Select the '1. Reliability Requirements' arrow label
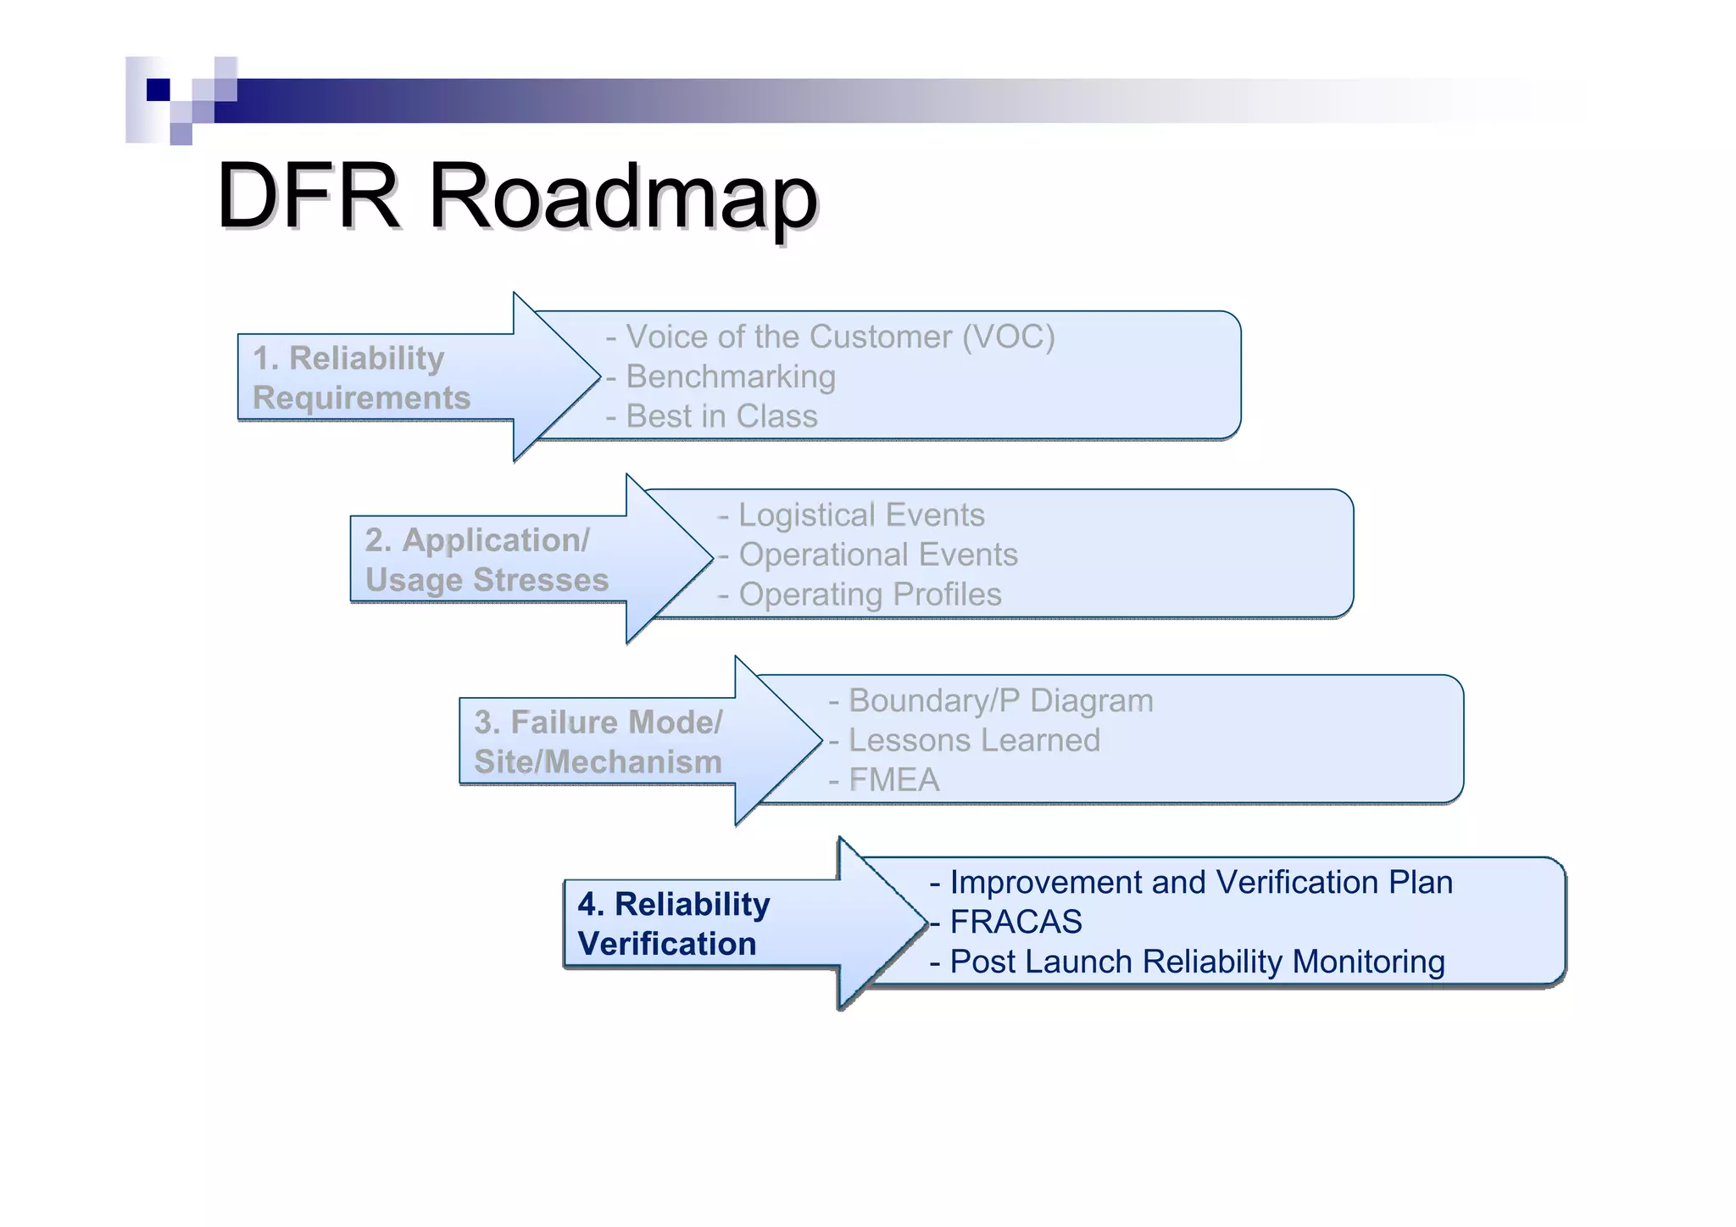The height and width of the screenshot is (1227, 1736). [x=362, y=378]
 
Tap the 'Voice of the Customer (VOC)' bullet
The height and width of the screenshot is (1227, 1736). [x=839, y=337]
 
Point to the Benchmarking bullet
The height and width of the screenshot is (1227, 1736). [x=730, y=376]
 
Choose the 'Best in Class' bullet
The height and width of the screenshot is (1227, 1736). [x=721, y=416]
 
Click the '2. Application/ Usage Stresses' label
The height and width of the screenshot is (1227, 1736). [x=487, y=560]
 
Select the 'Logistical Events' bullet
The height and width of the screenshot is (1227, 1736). [x=860, y=515]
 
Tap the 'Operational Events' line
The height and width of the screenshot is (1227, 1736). [x=877, y=555]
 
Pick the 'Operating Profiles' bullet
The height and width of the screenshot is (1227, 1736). [x=869, y=594]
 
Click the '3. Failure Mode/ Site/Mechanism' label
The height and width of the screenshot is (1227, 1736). [x=598, y=742]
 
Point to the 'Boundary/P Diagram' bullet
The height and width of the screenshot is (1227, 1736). [x=1000, y=700]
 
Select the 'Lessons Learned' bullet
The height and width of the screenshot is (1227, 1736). [x=973, y=740]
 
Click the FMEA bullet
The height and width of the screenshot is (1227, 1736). [x=893, y=780]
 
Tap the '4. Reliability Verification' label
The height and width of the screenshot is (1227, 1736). [x=674, y=924]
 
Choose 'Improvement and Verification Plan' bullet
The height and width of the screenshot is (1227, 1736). [x=1200, y=882]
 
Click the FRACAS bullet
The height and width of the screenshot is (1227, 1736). [x=1015, y=922]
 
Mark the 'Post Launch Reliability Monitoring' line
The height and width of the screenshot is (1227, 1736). [x=1196, y=962]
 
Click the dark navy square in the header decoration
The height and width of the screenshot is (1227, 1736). [x=158, y=90]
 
